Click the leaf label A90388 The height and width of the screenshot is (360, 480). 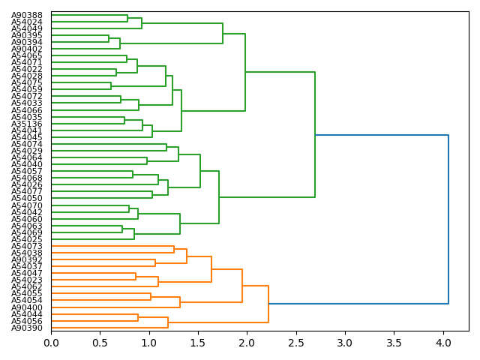[26, 15]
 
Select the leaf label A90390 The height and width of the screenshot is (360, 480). [26, 328]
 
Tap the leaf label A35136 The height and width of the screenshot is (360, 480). [26, 124]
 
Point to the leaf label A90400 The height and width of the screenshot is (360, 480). [26, 307]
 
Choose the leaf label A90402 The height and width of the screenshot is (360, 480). [26, 49]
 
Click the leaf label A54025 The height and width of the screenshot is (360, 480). [26, 239]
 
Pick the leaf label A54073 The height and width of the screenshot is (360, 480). [26, 246]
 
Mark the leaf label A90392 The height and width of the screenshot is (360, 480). [26, 259]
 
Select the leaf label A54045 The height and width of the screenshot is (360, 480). [26, 137]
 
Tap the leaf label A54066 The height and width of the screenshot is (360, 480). [26, 110]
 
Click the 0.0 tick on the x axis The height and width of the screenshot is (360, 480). [51, 342]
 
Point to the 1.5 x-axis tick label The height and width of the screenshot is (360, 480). [198, 342]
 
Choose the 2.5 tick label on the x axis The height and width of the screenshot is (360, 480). [296, 342]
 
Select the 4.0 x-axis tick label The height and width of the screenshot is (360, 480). [443, 342]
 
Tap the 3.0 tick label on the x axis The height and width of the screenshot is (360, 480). [345, 342]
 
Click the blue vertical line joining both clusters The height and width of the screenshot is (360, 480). [448, 219]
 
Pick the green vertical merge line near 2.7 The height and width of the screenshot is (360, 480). [315, 135]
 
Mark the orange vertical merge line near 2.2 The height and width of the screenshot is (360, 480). [268, 304]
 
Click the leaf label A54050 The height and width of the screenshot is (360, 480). [26, 198]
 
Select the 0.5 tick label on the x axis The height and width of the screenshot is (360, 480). [100, 342]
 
